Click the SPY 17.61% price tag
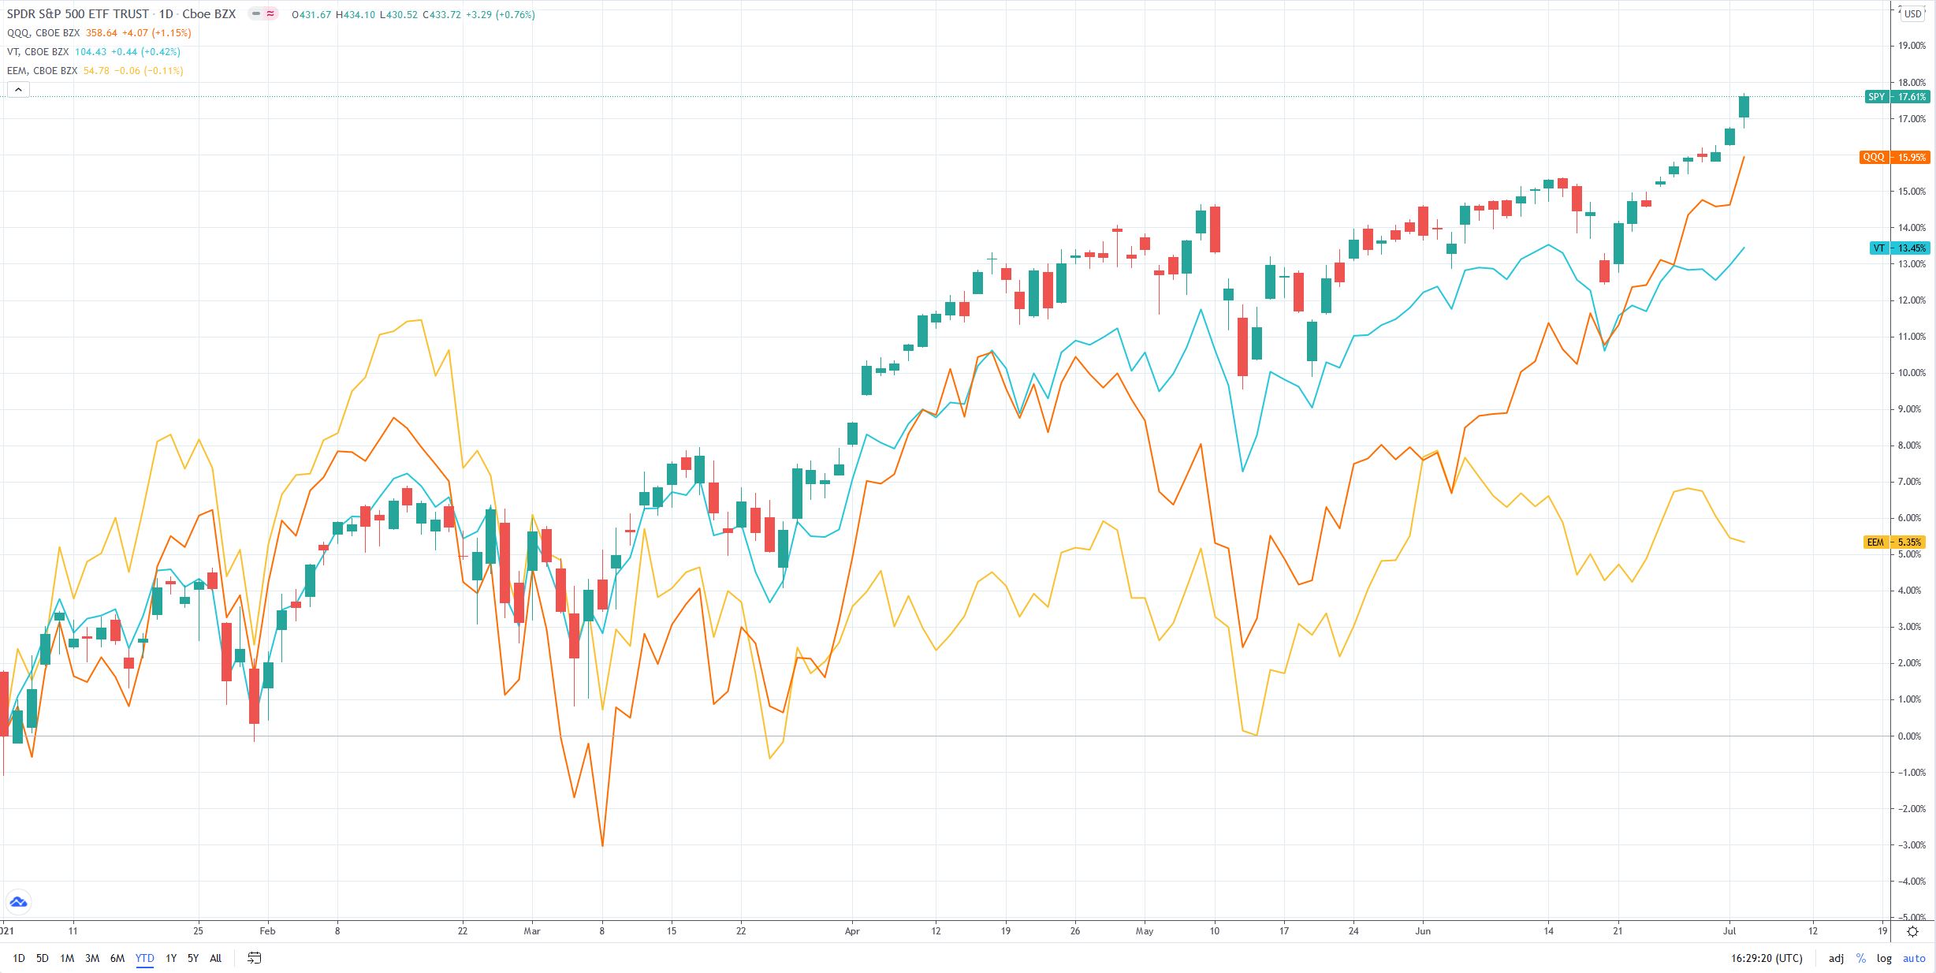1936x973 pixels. (1897, 97)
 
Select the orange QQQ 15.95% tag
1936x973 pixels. (1895, 157)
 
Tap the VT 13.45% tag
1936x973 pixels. (1900, 248)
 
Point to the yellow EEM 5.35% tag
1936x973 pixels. (1897, 542)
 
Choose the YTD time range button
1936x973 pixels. (144, 959)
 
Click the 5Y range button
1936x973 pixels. (193, 959)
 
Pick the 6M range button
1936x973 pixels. (117, 959)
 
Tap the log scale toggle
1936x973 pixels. (1884, 959)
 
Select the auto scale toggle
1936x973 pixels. (1914, 959)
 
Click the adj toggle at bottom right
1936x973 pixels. (1836, 959)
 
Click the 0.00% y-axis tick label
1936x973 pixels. (1912, 736)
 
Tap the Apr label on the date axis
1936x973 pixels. (852, 931)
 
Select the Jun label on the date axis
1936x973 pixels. (1423, 931)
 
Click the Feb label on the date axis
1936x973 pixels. (267, 931)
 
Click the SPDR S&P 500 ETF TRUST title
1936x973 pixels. (78, 14)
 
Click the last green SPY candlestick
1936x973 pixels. (1744, 107)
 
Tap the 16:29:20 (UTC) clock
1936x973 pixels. (1767, 959)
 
